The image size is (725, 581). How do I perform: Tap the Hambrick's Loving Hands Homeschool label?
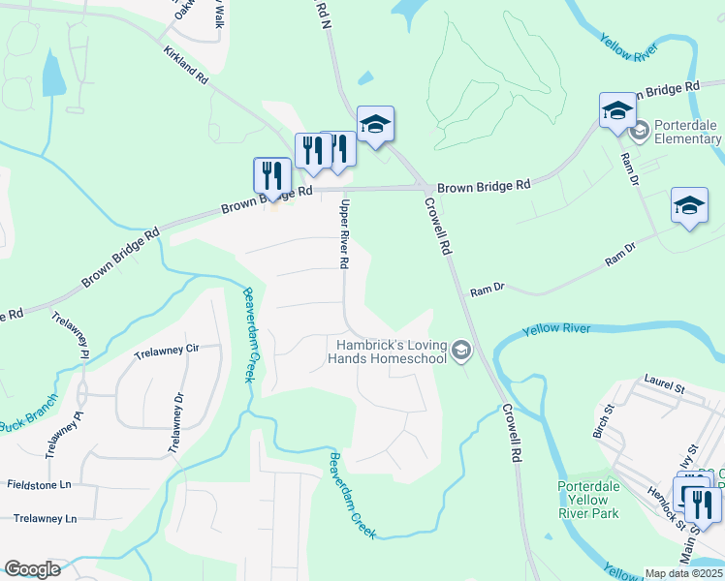[x=391, y=352]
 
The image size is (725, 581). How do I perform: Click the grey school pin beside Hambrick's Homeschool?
[x=461, y=351]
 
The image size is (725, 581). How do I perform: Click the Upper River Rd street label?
[x=343, y=234]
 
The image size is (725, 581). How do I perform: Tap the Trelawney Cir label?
[x=166, y=349]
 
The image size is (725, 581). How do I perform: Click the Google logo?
[x=32, y=569]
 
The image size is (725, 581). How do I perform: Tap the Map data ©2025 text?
[x=683, y=573]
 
